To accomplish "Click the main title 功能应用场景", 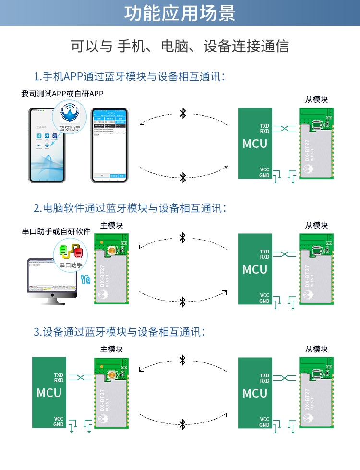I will pos(180,13).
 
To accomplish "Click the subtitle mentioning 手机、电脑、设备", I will pos(180,46).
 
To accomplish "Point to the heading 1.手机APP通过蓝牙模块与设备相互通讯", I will pos(129,76).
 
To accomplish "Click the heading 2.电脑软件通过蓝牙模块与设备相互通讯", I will pos(130,208).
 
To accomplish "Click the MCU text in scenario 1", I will pos(255,144).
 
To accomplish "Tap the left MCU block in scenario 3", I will pos(49,393).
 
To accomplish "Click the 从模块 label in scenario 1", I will pos(316,99).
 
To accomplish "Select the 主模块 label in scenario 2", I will pos(111,225).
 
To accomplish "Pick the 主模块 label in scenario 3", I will pos(111,349).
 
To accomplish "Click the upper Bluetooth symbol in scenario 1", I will pos(182,113).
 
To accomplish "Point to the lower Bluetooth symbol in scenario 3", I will pos(182,424).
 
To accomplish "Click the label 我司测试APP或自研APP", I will pos(62,94).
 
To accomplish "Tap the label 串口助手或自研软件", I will pos(56,231).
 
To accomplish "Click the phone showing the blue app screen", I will pos(109,145).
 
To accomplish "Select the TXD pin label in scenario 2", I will pos(264,252).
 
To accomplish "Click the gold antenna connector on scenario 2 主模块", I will pos(112,250).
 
